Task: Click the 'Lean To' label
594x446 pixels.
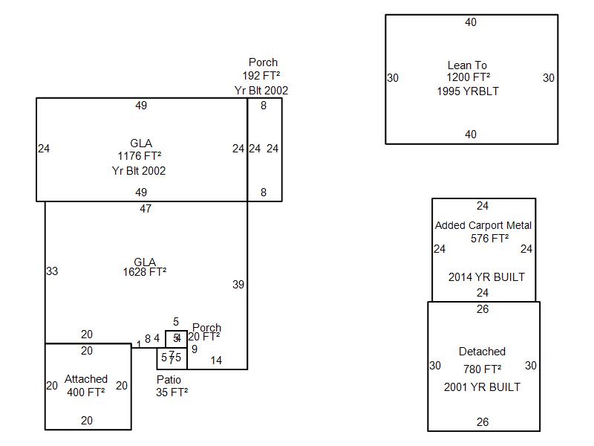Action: [x=467, y=65]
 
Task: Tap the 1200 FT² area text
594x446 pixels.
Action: [x=468, y=77]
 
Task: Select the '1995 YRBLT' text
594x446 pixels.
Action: [x=468, y=91]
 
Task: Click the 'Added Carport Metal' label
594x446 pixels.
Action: [x=483, y=225]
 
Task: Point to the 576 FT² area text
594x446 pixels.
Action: [x=489, y=239]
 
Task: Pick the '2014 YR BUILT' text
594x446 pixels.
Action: [x=486, y=277]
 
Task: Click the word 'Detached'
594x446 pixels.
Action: [x=482, y=352]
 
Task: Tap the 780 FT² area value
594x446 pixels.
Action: [x=482, y=369]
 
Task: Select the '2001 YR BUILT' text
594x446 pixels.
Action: [x=482, y=387]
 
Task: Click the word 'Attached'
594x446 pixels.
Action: [x=86, y=379]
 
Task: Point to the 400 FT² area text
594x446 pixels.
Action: [x=86, y=392]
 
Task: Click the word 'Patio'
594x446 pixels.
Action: [x=169, y=380]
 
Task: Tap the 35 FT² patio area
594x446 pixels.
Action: [x=172, y=392]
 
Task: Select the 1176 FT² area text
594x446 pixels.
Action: [x=139, y=156]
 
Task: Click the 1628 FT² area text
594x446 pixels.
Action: [x=144, y=272]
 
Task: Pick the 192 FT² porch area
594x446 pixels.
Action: [x=261, y=76]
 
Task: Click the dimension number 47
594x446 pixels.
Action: [x=146, y=209]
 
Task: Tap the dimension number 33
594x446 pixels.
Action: [x=52, y=271]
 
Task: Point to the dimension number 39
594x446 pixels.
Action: [x=238, y=285]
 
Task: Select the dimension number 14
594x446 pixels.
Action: [x=216, y=361]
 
